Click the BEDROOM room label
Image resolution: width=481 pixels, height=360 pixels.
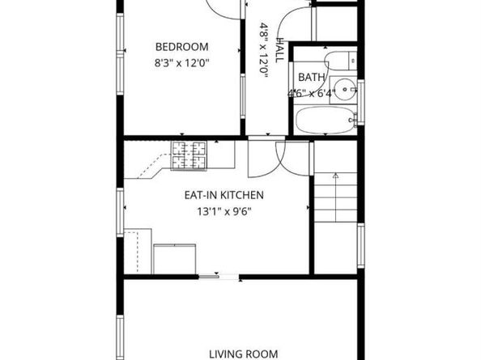[x=182, y=47]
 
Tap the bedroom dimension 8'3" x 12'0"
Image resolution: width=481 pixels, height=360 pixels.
[x=181, y=63]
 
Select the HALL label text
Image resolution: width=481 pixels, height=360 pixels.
[x=279, y=50]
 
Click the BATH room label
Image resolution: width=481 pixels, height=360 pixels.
[x=312, y=77]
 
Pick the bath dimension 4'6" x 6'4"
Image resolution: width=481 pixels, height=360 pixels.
[x=311, y=93]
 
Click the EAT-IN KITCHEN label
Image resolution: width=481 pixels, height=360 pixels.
[x=224, y=195]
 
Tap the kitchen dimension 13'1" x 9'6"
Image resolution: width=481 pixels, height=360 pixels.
[x=224, y=211]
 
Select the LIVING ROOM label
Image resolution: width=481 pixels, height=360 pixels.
[x=244, y=354]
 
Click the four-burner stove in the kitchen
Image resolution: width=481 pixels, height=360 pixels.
[x=189, y=155]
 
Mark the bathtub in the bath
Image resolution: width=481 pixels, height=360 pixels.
[x=326, y=120]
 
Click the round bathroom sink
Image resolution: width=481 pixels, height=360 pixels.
[x=345, y=89]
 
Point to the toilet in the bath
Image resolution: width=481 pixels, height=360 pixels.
[x=341, y=61]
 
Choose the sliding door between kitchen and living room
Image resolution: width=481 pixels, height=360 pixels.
[x=219, y=277]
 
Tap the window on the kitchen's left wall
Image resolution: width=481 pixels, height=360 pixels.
[x=120, y=212]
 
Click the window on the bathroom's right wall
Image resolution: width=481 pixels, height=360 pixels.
[x=361, y=102]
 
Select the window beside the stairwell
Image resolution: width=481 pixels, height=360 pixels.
[x=361, y=246]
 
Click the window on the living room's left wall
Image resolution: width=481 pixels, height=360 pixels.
[x=120, y=337]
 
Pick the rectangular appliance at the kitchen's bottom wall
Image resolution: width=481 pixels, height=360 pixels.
[x=175, y=259]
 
